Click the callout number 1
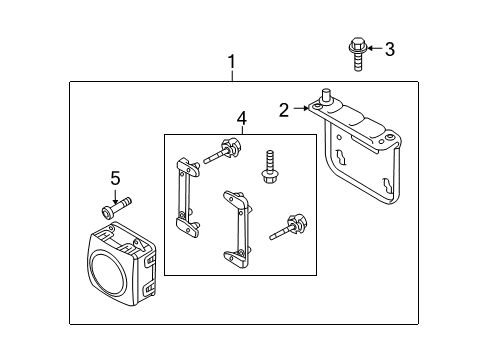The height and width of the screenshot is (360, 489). (232, 62)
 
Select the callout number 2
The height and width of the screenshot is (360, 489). (284, 110)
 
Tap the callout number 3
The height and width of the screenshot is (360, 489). (390, 49)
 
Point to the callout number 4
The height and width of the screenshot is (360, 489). (242, 119)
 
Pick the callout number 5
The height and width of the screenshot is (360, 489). (115, 178)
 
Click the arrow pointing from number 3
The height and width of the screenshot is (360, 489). (375, 48)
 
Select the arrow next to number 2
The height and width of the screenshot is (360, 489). (301, 108)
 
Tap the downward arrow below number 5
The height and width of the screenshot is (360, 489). (115, 197)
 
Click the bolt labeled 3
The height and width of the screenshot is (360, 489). (358, 54)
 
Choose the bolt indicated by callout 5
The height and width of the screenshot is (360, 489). (116, 208)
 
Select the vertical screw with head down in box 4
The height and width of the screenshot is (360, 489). (270, 167)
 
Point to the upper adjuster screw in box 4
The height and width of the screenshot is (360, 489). (222, 151)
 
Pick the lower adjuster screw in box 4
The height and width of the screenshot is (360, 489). (288, 227)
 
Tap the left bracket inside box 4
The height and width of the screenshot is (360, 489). (188, 197)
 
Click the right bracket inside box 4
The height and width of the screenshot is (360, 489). (237, 229)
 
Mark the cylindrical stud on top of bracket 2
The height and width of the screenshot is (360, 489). (325, 96)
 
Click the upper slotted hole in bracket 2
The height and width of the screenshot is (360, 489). (341, 157)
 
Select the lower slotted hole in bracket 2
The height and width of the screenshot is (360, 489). (388, 185)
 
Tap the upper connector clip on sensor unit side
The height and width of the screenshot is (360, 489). (150, 260)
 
